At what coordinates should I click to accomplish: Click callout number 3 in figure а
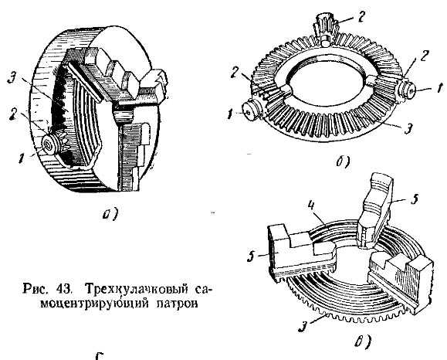12,77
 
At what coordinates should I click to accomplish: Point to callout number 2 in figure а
14,114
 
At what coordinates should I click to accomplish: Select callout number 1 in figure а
20,158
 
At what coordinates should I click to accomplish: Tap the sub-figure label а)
110,215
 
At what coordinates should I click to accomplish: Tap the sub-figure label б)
343,162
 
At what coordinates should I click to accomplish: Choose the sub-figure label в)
363,341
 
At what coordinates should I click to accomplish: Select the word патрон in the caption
177,304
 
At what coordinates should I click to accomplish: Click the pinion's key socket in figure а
47,145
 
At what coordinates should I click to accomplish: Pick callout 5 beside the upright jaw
415,199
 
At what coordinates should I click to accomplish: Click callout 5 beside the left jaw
251,256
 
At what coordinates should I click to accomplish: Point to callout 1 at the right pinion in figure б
439,88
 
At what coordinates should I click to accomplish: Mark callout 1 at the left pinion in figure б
230,114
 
